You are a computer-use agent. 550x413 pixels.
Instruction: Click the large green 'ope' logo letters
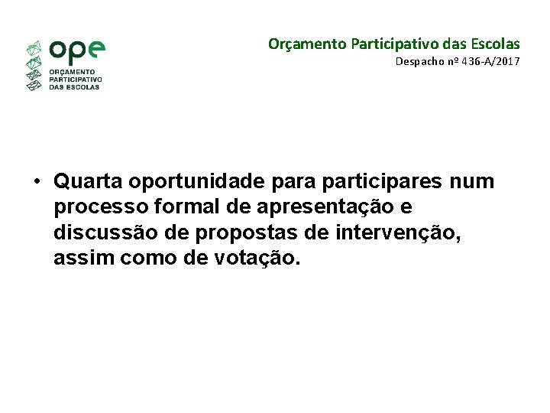[x=76, y=51]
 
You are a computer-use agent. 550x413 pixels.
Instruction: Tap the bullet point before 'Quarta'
[x=36, y=183]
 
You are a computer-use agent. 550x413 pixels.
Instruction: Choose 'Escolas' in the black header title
[x=493, y=44]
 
